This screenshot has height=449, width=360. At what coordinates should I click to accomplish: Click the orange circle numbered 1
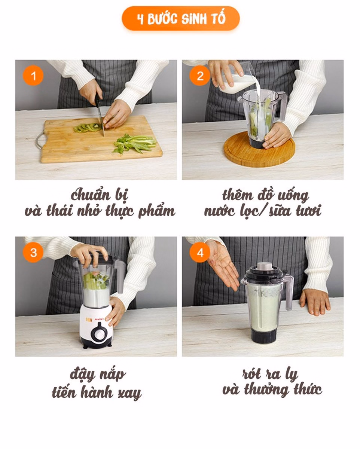pyautogui.click(x=33, y=76)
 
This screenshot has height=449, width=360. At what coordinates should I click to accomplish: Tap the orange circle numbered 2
pyautogui.click(x=200, y=76)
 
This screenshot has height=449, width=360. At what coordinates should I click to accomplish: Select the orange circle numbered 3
pyautogui.click(x=33, y=253)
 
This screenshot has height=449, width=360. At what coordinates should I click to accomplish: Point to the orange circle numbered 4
pyautogui.click(x=200, y=253)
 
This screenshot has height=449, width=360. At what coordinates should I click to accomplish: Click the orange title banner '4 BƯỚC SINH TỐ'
pyautogui.click(x=181, y=18)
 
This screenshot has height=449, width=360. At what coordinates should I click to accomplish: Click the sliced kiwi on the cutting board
pyautogui.click(x=87, y=127)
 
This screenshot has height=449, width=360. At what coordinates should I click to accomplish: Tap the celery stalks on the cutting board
pyautogui.click(x=135, y=144)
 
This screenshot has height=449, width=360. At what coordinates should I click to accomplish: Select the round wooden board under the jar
pyautogui.click(x=259, y=149)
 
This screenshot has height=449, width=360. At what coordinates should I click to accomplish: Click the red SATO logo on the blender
pyautogui.click(x=99, y=320)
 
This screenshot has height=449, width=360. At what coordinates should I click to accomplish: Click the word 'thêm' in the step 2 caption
pyautogui.click(x=237, y=195)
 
